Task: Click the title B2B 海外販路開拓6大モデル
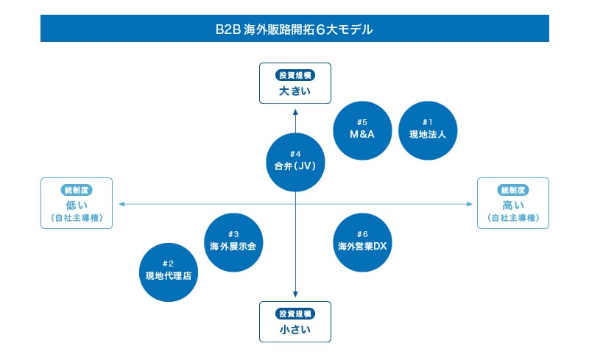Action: tap(294, 29)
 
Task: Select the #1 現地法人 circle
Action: tap(428, 129)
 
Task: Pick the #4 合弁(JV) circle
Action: tap(294, 160)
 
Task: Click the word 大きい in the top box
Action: tap(294, 91)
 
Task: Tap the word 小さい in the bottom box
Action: tap(294, 330)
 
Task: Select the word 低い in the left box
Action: tap(76, 205)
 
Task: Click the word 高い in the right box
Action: tap(513, 205)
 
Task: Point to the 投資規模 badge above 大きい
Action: tap(294, 75)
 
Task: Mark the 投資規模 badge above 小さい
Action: tap(294, 314)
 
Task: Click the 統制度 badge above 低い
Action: tap(76, 190)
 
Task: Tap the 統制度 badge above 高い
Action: tap(513, 190)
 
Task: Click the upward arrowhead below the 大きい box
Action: tap(295, 112)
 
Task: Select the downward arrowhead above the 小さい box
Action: tap(295, 294)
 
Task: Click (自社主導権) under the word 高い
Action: tap(513, 219)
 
